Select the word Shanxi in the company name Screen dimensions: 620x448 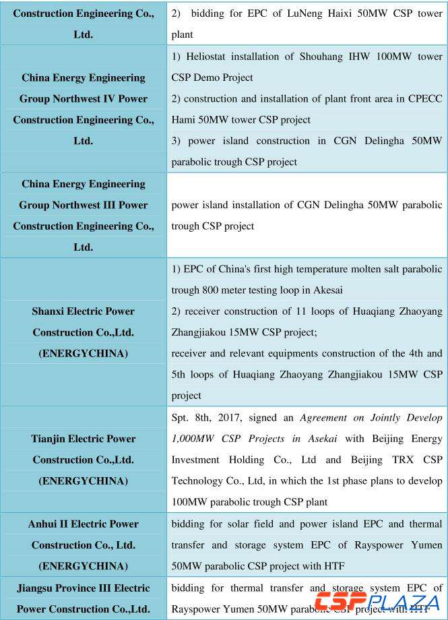(x=50, y=311)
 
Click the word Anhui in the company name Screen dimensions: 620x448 (x=46, y=524)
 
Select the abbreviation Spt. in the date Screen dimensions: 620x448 (x=183, y=417)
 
